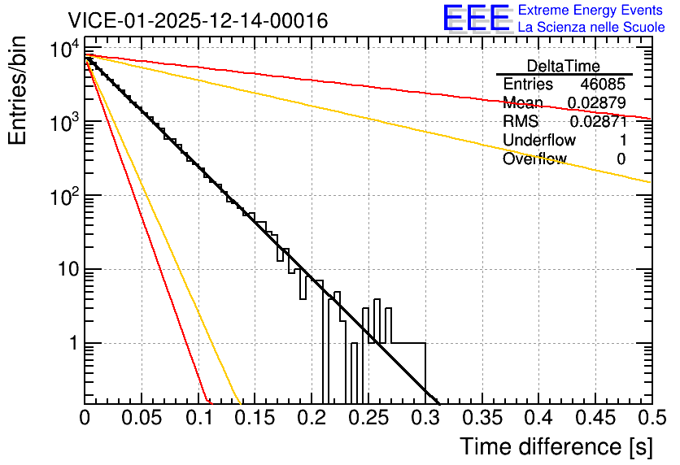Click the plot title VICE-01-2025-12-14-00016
(x=198, y=20)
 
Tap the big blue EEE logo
(x=477, y=19)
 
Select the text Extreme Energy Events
(x=591, y=10)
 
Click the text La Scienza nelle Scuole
(x=591, y=27)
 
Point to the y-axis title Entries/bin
(x=17, y=90)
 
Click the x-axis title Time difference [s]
(x=556, y=446)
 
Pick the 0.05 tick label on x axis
(x=142, y=418)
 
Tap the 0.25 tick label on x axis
(x=368, y=418)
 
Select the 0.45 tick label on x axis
(x=596, y=418)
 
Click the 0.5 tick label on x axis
(x=652, y=418)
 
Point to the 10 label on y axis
(x=68, y=269)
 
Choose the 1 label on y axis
(x=74, y=343)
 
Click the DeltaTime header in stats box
(x=564, y=66)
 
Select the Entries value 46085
(x=603, y=84)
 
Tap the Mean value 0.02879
(x=597, y=102)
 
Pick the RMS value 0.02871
(x=599, y=121)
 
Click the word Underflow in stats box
(x=539, y=140)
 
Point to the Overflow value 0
(x=621, y=159)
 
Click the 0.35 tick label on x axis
(x=482, y=418)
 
